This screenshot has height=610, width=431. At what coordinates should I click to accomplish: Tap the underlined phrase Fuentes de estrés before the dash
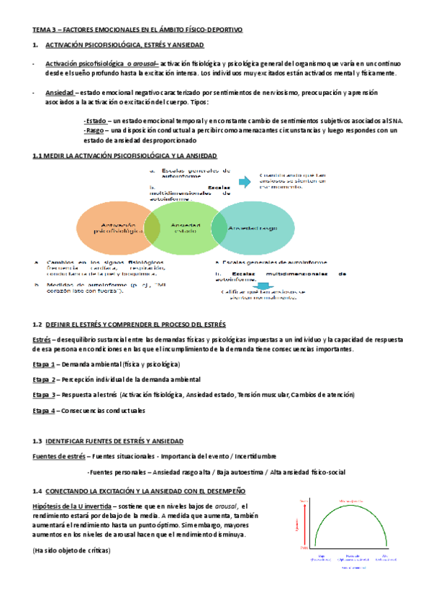59,457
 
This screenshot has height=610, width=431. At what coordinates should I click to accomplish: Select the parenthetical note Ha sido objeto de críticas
71,550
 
